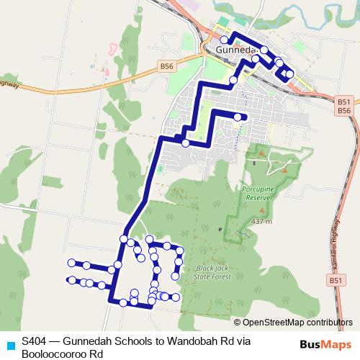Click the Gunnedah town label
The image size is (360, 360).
pyautogui.click(x=236, y=50)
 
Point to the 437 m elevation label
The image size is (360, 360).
pyautogui.click(x=261, y=221)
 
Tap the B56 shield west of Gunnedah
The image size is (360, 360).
pyautogui.click(x=167, y=66)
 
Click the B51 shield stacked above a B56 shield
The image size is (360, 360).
pyautogui.click(x=343, y=103)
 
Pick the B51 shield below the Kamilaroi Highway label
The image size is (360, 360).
pyautogui.click(x=334, y=279)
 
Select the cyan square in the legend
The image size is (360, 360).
pyautogui.click(x=9, y=343)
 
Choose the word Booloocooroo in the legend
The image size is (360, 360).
pyautogui.click(x=56, y=354)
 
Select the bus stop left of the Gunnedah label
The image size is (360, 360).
pyautogui.click(x=224, y=40)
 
